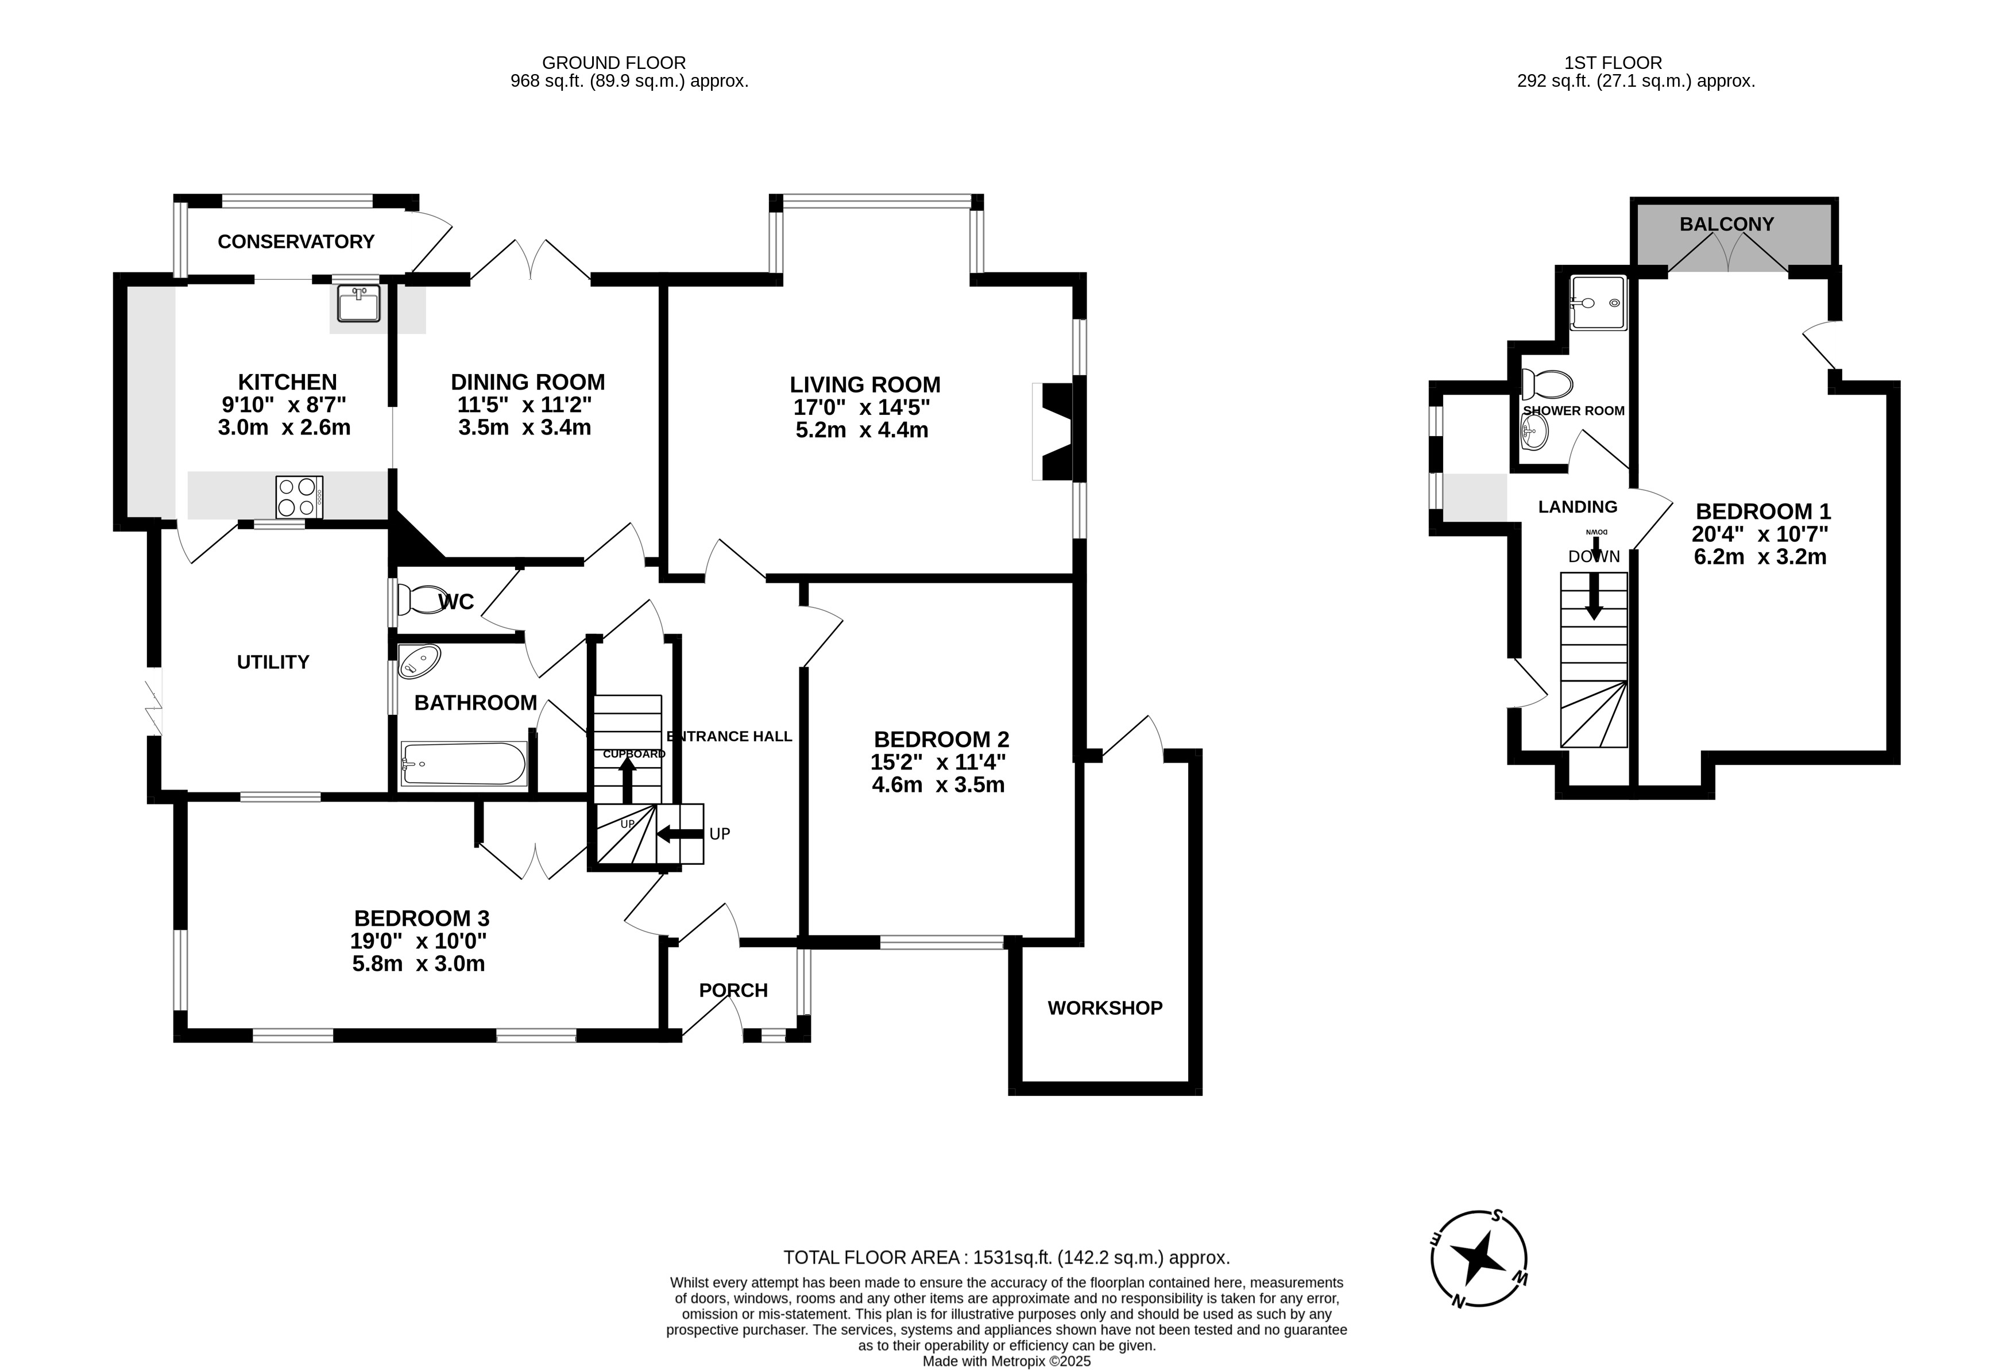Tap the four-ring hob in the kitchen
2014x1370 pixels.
coord(299,498)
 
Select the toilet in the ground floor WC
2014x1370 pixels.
coord(420,599)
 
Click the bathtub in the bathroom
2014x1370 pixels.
coord(463,764)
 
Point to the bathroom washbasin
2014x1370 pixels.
coord(419,661)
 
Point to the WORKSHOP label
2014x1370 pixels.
coord(1105,1007)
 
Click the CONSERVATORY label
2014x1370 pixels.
coord(296,241)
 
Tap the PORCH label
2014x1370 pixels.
coord(733,990)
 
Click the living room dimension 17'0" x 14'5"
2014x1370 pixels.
coord(861,407)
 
